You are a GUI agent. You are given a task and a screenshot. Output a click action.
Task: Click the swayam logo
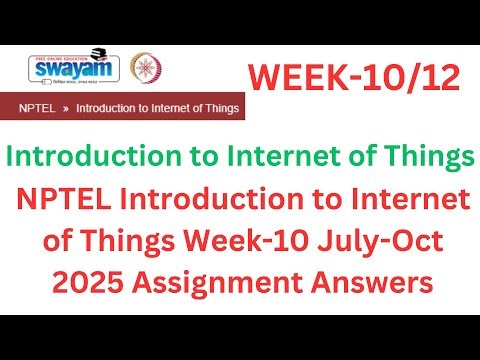coord(74,68)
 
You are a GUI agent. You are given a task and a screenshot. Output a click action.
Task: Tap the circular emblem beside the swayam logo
coord(147,68)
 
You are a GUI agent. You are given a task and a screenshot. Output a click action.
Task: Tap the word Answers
coord(381,284)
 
